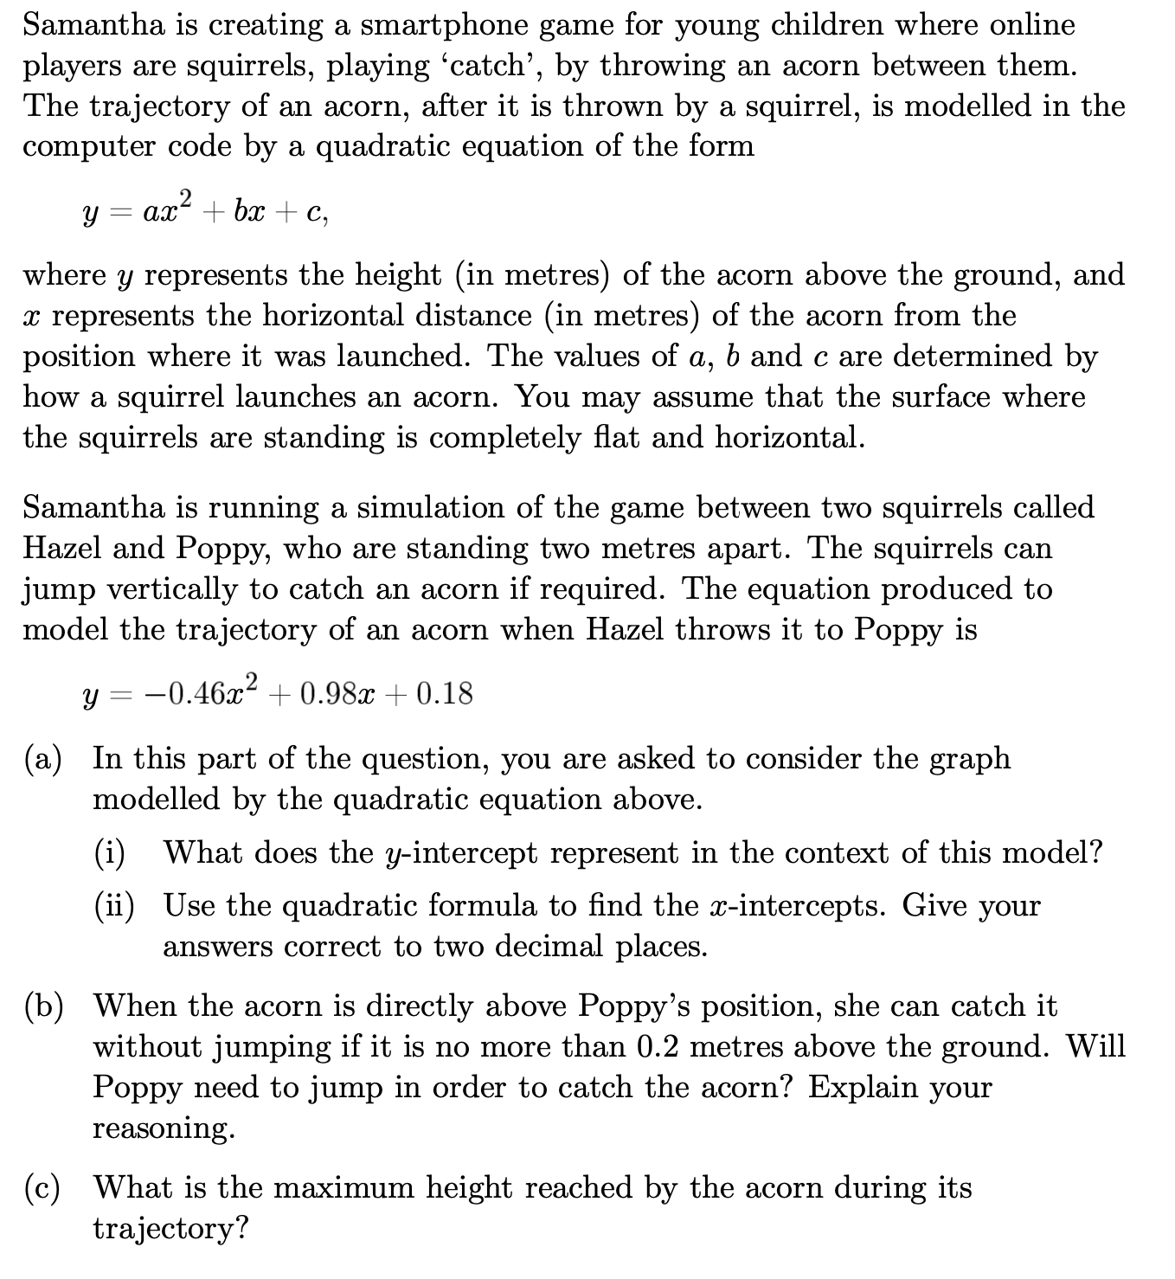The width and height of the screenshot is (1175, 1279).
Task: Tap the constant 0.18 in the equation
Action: click(x=444, y=693)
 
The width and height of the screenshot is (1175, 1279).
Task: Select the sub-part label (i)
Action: click(x=110, y=853)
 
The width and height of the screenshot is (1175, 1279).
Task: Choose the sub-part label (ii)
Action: click(x=114, y=906)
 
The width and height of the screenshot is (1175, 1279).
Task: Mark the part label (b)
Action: click(x=43, y=1006)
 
